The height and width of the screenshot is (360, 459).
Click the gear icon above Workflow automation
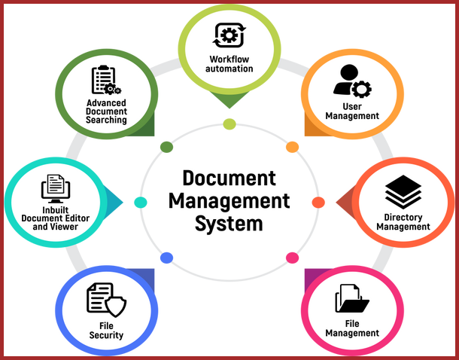coord(229,35)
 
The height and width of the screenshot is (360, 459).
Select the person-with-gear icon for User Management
coord(352,81)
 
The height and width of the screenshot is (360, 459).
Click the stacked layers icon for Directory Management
coord(403,192)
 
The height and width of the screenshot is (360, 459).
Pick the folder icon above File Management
coord(352,298)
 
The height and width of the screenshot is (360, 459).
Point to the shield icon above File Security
coord(116,307)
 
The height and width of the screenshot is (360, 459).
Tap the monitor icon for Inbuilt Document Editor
coord(56,188)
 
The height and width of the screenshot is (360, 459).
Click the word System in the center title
coord(229,224)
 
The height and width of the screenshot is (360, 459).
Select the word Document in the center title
coord(229,178)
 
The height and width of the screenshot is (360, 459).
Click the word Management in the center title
coord(229,201)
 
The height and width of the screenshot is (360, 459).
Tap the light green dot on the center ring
coord(229,124)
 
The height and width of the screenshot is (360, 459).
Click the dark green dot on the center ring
coord(166,147)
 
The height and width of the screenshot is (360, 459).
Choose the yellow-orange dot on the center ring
coord(292,147)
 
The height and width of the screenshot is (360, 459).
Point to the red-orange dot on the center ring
coord(318,202)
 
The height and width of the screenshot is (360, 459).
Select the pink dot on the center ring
coord(292,258)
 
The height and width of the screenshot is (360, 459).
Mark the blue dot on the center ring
coord(166,258)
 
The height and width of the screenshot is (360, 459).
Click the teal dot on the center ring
coord(141,202)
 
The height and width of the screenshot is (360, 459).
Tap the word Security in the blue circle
coord(106,335)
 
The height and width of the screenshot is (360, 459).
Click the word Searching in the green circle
coord(106,120)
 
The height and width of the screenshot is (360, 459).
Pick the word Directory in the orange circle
coord(403,218)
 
